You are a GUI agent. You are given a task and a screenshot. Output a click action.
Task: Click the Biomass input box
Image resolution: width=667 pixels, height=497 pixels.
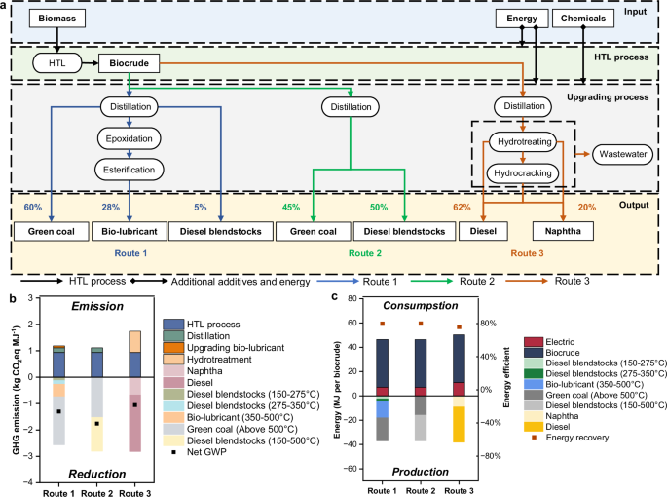(57, 19)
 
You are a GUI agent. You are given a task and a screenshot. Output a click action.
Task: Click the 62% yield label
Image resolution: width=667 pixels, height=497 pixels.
(462, 208)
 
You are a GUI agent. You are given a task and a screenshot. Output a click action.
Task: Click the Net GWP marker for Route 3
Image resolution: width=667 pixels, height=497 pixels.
(136, 405)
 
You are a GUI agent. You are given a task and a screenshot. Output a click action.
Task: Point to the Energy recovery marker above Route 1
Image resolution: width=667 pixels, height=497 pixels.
(383, 325)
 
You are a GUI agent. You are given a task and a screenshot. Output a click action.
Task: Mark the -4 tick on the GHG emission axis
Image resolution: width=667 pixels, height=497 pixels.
(30, 482)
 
